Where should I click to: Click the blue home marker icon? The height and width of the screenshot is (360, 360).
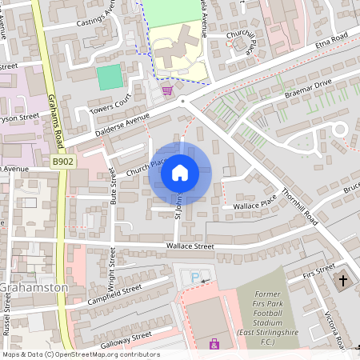180,172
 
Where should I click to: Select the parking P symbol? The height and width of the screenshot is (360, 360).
195,277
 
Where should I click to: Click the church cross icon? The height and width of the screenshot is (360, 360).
343,280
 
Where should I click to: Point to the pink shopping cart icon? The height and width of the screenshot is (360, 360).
167,90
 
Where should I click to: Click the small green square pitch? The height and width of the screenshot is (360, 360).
110,77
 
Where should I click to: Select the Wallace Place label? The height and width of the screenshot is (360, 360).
254,206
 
